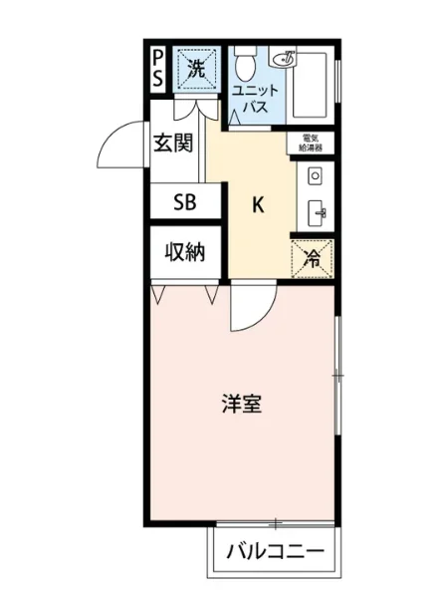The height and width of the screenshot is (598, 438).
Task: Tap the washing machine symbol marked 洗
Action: coord(196,70)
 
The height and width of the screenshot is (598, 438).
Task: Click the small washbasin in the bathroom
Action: coord(288,58)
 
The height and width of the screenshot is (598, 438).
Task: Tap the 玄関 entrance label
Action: coord(173,144)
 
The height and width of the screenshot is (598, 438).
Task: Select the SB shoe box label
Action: coord(184,202)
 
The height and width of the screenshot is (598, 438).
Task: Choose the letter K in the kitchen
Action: coord(257,205)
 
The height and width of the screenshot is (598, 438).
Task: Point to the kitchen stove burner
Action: coord(316,177)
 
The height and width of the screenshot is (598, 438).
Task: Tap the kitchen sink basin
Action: coord(317,210)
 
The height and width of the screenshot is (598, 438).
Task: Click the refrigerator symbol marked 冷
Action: coord(312,258)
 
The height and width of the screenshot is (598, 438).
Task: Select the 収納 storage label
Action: coord(184,252)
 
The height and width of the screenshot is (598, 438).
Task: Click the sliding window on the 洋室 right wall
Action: coord(337,374)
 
